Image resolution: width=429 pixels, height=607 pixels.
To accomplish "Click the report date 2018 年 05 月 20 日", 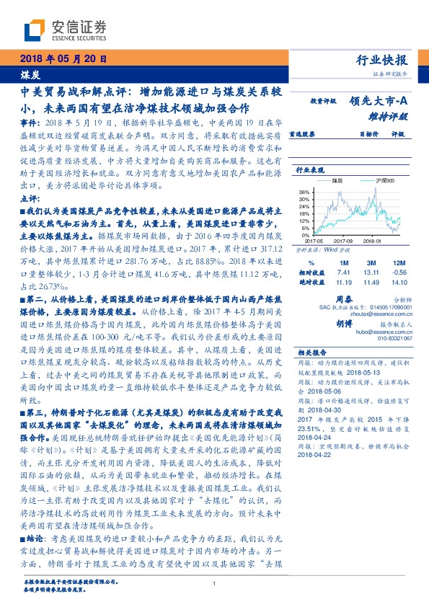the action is coord(62,60).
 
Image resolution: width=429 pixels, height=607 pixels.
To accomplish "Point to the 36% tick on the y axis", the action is coord(304,192).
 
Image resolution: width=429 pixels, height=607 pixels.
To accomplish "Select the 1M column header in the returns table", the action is coord(343,262).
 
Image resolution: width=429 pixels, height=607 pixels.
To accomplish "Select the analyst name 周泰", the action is coord(343,298).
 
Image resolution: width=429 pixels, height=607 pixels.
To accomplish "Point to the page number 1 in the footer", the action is coord(214,585).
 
